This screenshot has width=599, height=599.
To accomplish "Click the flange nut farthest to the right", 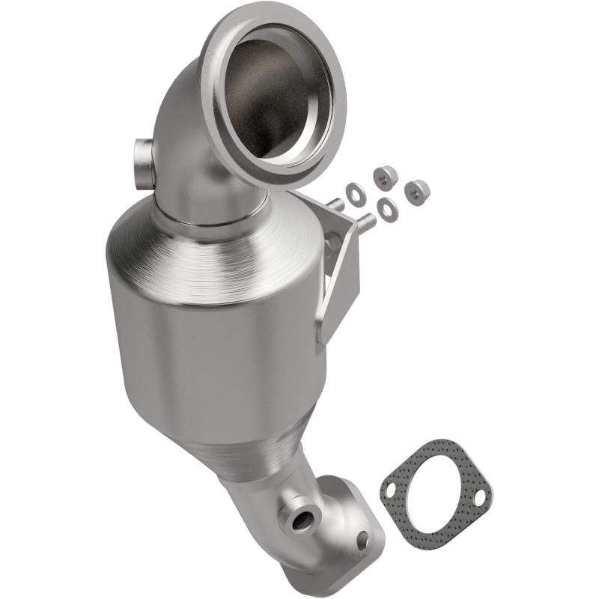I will pyautogui.click(x=416, y=193).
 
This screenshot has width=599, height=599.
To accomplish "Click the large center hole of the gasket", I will pyautogui.click(x=436, y=495).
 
